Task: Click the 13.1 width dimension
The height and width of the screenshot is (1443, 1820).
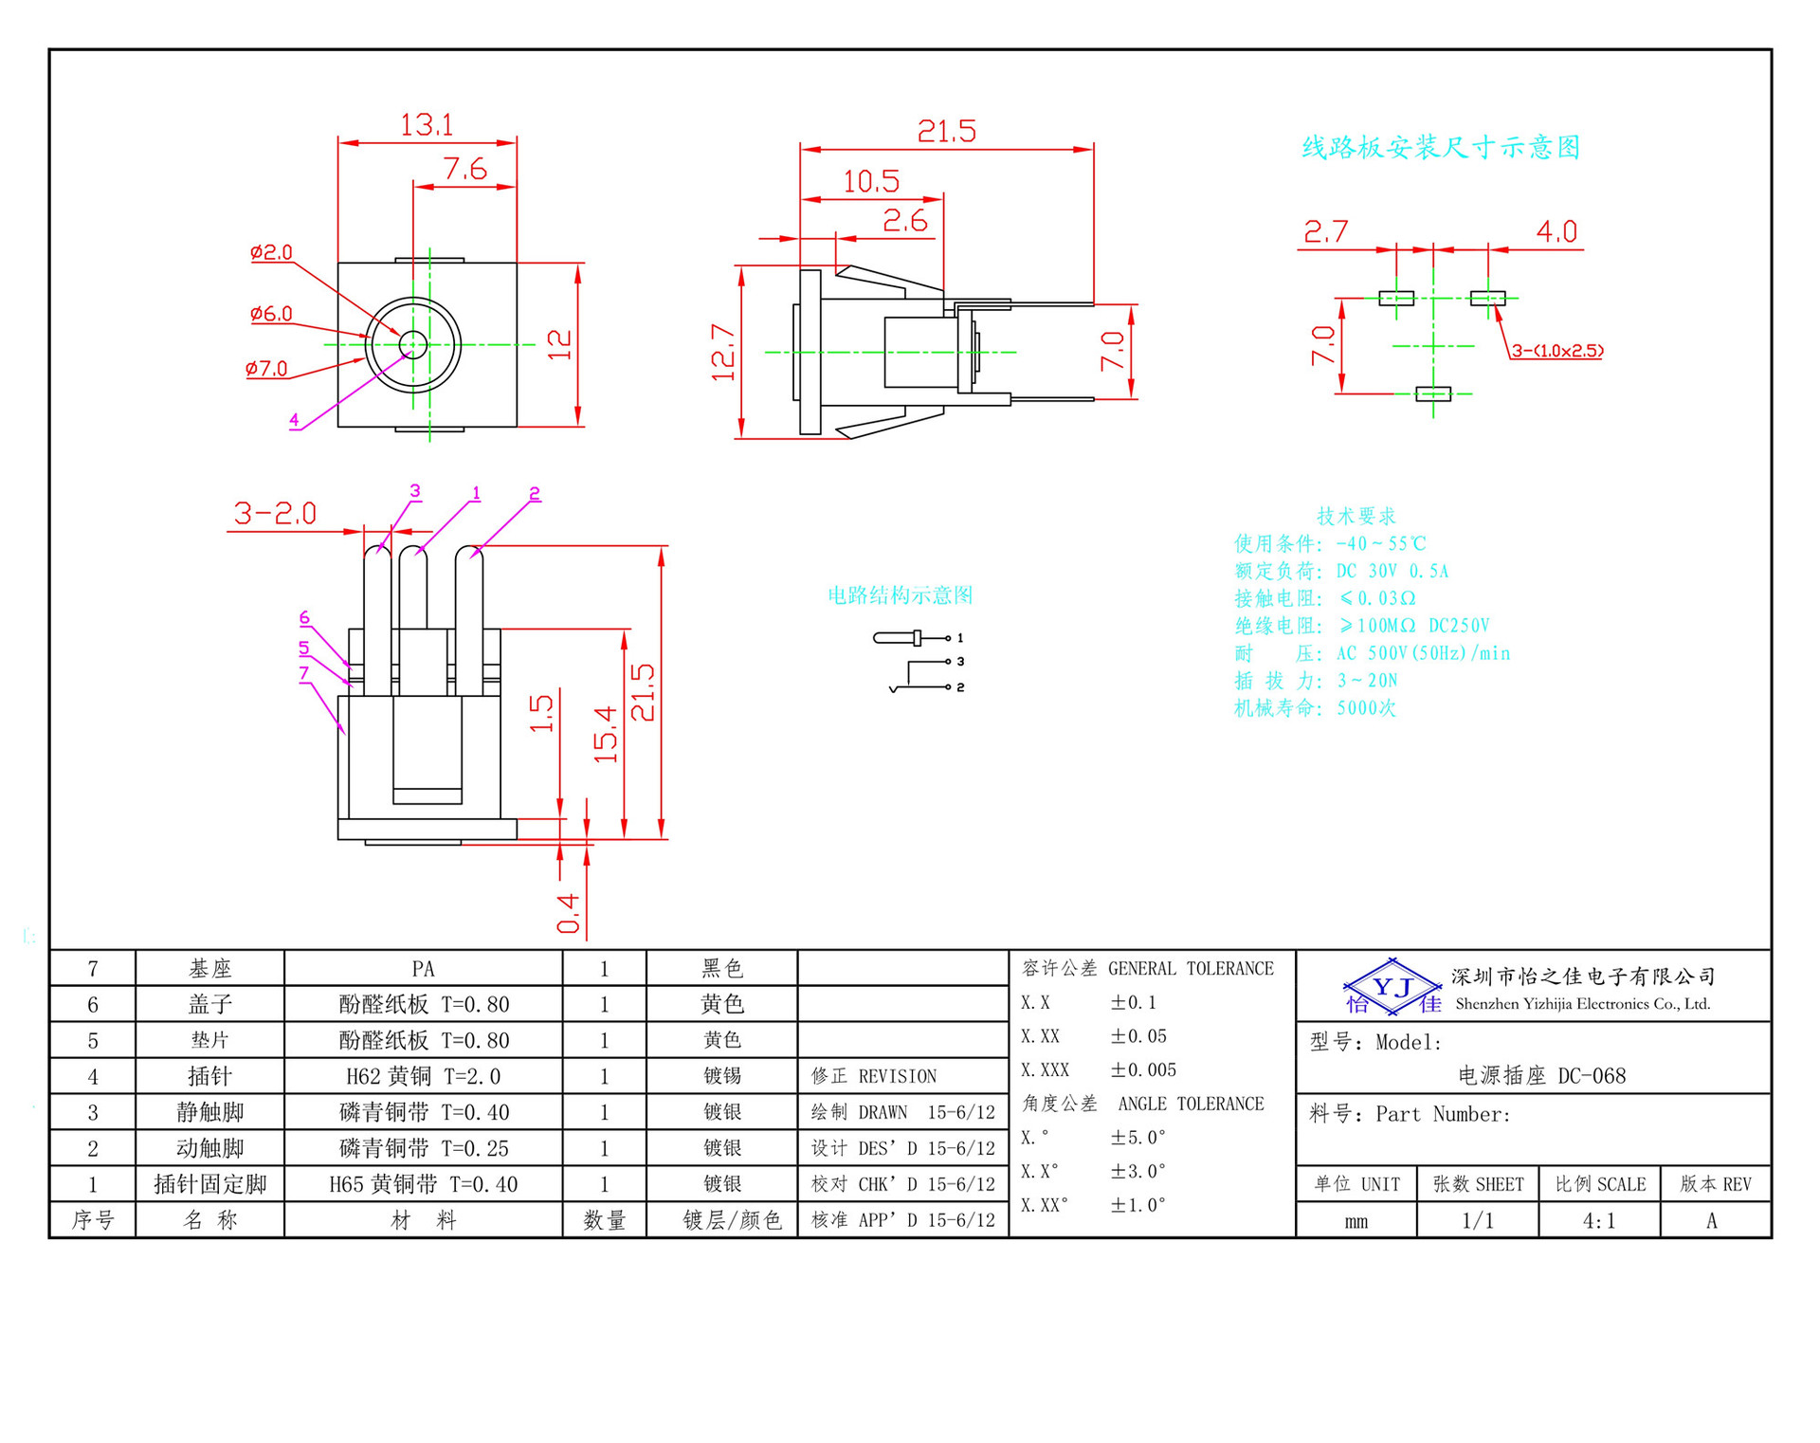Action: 427,125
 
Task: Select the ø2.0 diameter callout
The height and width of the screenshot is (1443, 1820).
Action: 271,252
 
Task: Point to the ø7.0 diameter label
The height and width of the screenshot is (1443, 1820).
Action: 266,369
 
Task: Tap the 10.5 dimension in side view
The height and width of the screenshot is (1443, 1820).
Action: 871,181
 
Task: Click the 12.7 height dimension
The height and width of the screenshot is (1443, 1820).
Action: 723,353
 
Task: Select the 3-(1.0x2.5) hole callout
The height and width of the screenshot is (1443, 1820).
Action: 1556,351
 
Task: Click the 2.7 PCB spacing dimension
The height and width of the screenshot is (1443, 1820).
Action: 1325,231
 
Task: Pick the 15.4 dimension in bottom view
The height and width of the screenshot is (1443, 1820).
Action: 606,734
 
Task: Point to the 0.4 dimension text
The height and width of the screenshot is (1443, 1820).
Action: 568,913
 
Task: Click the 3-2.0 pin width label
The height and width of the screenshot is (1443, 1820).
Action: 275,514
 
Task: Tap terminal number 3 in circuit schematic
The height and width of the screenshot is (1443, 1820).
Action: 960,662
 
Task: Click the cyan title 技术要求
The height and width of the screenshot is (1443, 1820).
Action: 1356,516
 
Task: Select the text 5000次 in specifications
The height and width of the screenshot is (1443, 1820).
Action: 1366,708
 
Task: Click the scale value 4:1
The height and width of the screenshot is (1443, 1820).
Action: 1599,1221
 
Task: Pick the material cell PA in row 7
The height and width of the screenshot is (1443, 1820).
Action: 423,969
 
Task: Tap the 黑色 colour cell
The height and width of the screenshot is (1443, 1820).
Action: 721,969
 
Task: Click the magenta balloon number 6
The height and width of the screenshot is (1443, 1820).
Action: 304,617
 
